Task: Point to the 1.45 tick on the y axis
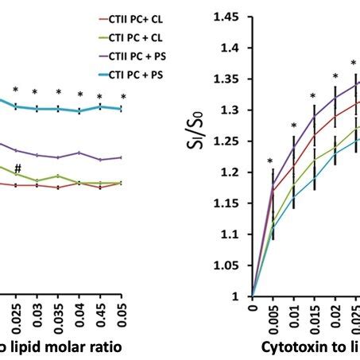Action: (228, 17)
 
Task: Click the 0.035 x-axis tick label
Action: (57, 311)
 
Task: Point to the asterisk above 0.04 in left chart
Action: (80, 95)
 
